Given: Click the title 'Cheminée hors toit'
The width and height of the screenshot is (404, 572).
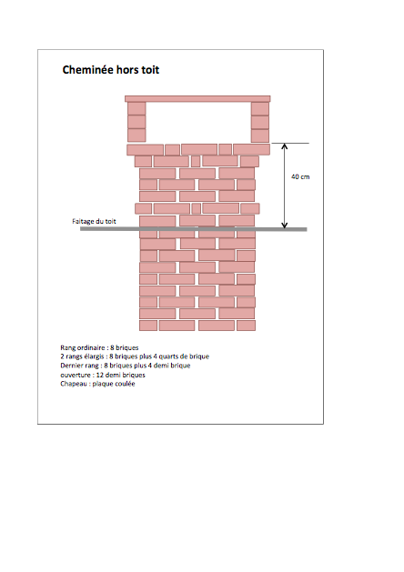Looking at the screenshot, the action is point(111,70).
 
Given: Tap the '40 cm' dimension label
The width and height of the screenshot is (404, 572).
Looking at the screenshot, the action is point(300,176).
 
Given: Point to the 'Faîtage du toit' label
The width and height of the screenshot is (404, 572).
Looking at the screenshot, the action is point(94,221).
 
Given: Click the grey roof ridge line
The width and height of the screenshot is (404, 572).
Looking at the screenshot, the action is point(194,229).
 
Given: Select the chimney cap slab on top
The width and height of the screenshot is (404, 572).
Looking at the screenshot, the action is point(197,99).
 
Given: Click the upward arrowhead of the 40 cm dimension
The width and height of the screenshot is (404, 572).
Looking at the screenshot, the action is point(285,146).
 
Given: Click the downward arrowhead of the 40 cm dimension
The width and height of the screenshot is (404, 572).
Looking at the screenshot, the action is point(285,225).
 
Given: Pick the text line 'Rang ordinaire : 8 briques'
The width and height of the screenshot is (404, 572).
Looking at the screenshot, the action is point(99,347).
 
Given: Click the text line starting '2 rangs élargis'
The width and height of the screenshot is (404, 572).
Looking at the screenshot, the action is point(135,356).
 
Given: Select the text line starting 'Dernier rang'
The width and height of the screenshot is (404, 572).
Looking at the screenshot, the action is point(126,366).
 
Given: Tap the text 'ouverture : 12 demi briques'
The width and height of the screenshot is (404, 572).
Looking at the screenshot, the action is point(103,375).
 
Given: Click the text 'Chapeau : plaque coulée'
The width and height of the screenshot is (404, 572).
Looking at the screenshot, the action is point(97,384).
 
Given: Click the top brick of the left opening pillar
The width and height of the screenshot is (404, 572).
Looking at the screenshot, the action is point(136,109).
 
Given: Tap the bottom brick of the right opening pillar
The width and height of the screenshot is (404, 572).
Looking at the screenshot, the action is point(260,135).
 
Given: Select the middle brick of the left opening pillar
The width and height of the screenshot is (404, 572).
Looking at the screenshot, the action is point(136,122).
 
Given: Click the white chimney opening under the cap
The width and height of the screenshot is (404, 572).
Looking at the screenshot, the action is point(198,122).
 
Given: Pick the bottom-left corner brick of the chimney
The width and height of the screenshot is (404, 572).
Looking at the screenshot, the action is point(148,326).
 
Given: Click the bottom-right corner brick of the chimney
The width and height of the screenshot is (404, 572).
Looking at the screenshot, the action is point(246,326).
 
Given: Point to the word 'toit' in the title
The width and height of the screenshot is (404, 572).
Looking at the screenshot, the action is point(150,70).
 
